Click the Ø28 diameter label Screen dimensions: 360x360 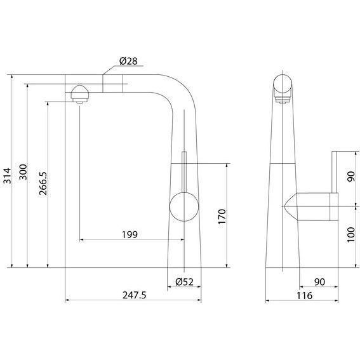point(128,61)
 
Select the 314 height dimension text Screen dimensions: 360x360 point(7,176)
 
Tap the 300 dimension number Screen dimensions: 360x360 point(23,172)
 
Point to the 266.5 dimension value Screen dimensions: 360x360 point(43,183)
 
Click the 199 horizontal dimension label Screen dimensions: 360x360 point(130,235)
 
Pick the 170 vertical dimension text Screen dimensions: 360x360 point(222,217)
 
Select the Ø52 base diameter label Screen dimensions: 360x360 point(184,282)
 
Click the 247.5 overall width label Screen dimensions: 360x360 point(134,295)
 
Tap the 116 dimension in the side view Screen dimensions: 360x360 point(304,295)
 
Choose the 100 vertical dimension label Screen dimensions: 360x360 point(351,235)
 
